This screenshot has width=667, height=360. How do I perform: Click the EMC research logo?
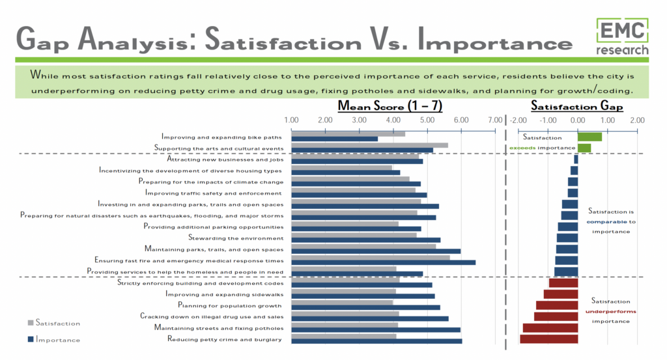[623, 36]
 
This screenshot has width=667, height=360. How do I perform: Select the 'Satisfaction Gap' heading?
[576, 106]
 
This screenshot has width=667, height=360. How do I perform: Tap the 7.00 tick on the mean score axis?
[495, 120]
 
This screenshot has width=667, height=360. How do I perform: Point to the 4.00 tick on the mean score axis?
[393, 120]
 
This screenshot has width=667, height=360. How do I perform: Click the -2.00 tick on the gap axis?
[518, 120]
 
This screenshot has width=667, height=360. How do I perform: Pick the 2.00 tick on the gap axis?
[637, 120]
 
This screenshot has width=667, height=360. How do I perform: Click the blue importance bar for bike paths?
[334, 139]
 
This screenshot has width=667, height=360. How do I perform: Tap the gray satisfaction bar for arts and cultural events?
[369, 145]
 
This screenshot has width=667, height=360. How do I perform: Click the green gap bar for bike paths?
[589, 137]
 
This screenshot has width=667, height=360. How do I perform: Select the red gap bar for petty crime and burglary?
[549, 339]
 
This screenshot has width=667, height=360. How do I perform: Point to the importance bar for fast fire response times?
[383, 262]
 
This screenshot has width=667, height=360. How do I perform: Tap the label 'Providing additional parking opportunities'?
[213, 227]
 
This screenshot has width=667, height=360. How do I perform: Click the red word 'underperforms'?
[610, 312]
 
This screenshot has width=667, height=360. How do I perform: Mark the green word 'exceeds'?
[522, 148]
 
